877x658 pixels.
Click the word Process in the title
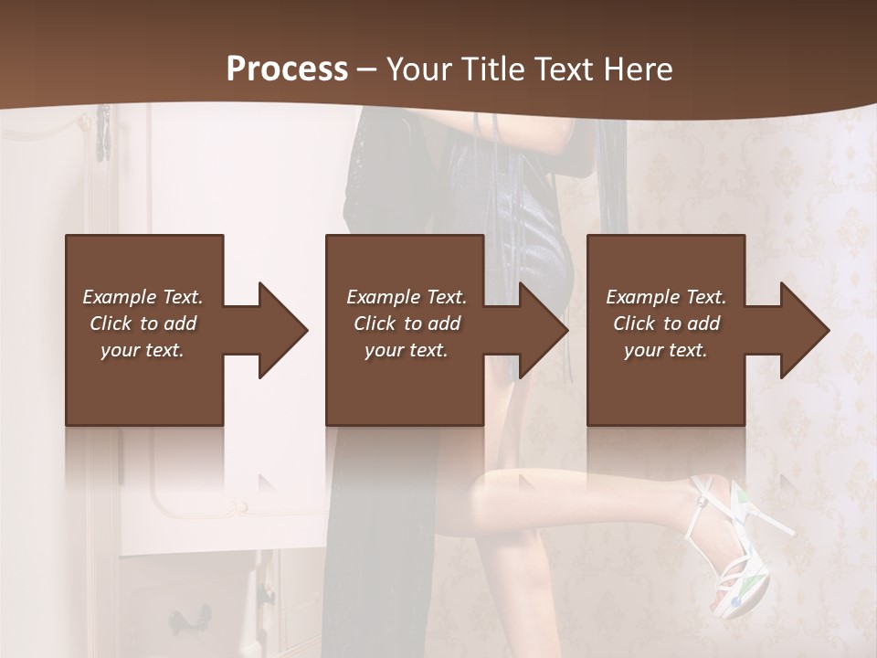pyautogui.click(x=287, y=69)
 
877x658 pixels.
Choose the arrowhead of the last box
pyautogui.click(x=802, y=330)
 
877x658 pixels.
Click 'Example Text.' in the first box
pyautogui.click(x=143, y=297)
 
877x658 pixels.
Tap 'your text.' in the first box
pyautogui.click(x=143, y=350)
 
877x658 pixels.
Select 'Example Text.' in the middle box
pyautogui.click(x=407, y=297)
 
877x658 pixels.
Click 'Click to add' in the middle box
pyautogui.click(x=407, y=324)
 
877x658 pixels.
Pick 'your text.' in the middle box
pyautogui.click(x=407, y=350)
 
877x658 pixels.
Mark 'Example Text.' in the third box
pyautogui.click(x=666, y=297)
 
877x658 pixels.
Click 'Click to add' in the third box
pyautogui.click(x=666, y=324)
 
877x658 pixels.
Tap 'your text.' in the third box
pyautogui.click(x=666, y=350)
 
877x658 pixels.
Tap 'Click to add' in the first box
pyautogui.click(x=143, y=324)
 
